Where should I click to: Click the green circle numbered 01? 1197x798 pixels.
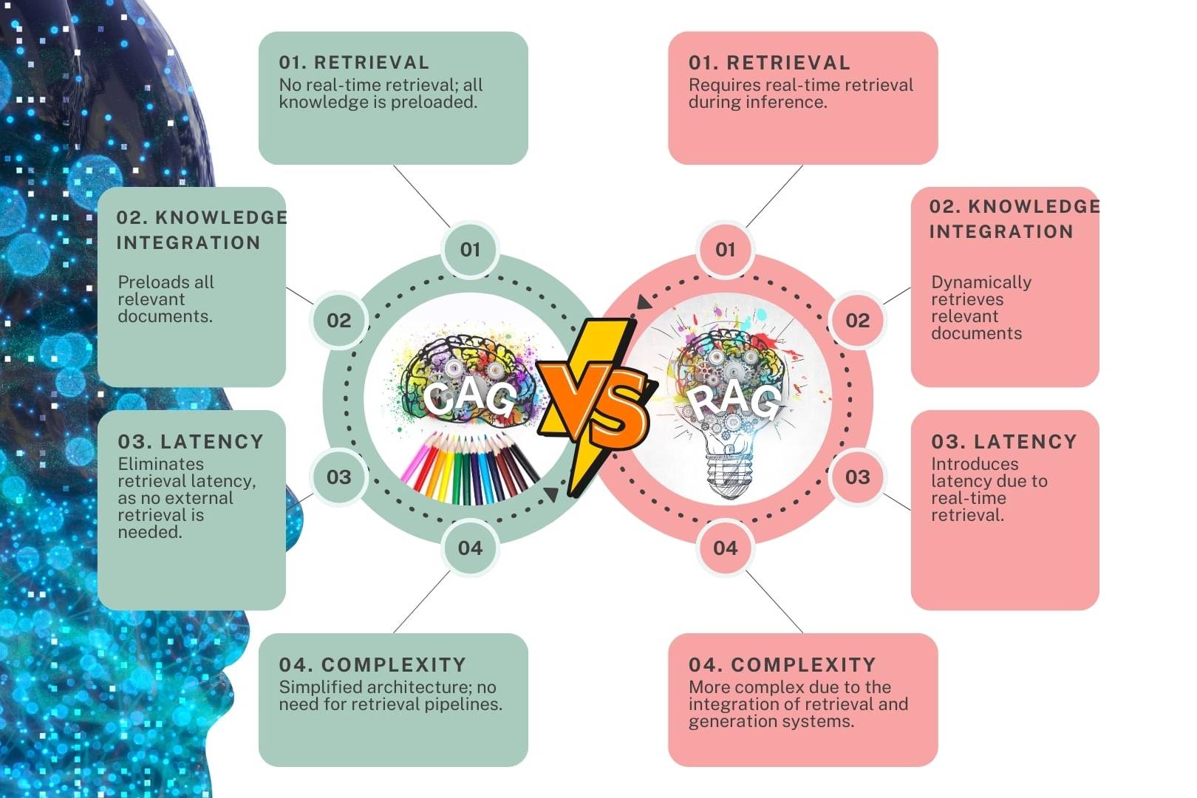pos(470,249)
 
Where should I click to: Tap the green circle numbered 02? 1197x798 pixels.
pos(339,320)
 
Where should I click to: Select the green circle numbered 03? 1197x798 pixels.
pos(339,477)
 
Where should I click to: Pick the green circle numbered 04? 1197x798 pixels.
pos(470,548)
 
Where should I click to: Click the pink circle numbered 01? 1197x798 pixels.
pos(726,249)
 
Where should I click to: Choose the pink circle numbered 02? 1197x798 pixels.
pos(858,320)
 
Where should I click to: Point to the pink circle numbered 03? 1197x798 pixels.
pos(858,477)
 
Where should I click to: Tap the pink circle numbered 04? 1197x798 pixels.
pos(726,548)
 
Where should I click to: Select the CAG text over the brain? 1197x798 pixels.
pos(470,398)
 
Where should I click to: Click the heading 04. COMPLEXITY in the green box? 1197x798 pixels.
pos(372,664)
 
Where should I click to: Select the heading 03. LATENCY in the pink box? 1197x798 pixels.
pos(1003,442)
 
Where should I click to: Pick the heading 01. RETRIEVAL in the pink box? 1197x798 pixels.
pos(769,63)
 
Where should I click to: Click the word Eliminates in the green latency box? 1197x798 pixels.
pos(160,464)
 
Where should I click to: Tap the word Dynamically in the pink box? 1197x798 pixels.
pos(981,282)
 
